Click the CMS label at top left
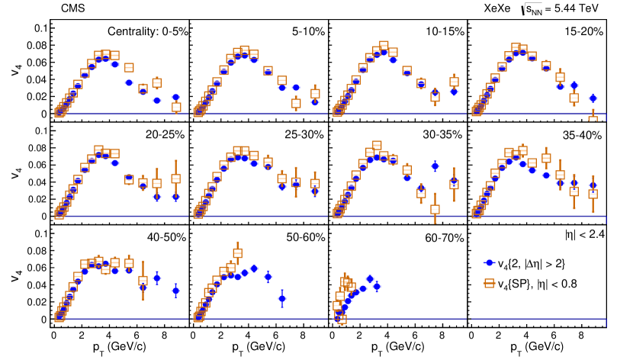click(x=71, y=8)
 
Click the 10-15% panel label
click(x=443, y=32)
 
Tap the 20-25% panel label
click(x=165, y=135)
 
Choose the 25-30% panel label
click(x=304, y=135)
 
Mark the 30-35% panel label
click(x=443, y=135)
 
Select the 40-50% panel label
click(x=165, y=237)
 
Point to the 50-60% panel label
click(x=304, y=237)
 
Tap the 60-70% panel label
click(x=443, y=237)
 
